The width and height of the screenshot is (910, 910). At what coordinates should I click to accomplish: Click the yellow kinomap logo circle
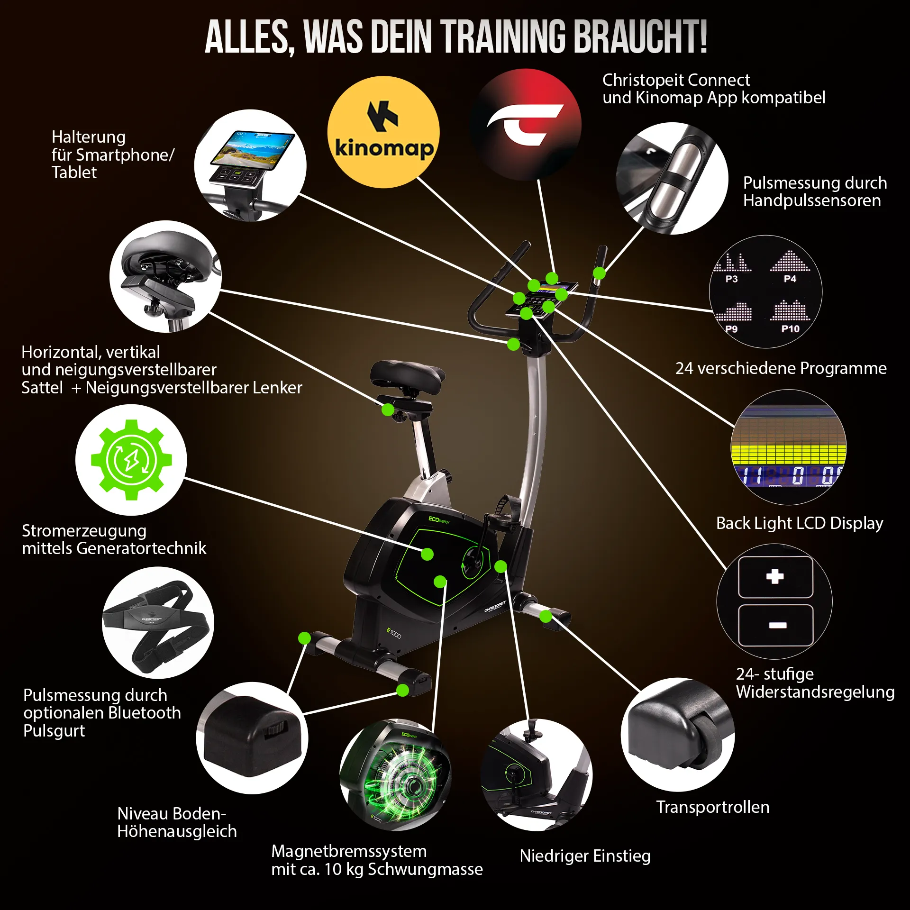pyautogui.click(x=383, y=132)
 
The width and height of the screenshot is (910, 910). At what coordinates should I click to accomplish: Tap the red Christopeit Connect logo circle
pyautogui.click(x=526, y=125)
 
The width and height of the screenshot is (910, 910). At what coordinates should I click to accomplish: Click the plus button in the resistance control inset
pyautogui.click(x=775, y=577)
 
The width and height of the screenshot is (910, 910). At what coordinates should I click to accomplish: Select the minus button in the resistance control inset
pyautogui.click(x=776, y=625)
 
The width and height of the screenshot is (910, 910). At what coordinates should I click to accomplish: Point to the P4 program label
pyautogui.click(x=790, y=279)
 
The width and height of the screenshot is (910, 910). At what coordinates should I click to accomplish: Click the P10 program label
pyautogui.click(x=790, y=328)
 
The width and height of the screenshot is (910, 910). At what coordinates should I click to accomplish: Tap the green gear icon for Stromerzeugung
pyautogui.click(x=131, y=460)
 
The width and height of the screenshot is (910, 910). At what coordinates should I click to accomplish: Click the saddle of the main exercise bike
pyautogui.click(x=407, y=377)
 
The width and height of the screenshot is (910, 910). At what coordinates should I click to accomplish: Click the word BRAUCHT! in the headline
pyautogui.click(x=640, y=36)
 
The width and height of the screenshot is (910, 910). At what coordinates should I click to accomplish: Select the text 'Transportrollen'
pyautogui.click(x=713, y=807)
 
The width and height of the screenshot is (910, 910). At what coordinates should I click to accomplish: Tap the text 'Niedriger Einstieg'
pyautogui.click(x=585, y=856)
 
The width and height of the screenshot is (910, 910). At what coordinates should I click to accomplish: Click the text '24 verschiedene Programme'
pyautogui.click(x=781, y=368)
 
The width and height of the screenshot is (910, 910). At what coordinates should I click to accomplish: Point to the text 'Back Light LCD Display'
pyautogui.click(x=800, y=523)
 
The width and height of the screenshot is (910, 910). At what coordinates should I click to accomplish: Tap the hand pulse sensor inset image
pyautogui.click(x=672, y=178)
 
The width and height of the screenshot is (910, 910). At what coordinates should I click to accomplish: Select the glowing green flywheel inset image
pyautogui.click(x=396, y=775)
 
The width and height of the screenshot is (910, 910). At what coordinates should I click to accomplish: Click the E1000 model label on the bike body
pyautogui.click(x=394, y=633)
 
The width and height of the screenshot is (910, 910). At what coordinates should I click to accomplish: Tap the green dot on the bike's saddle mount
pyautogui.click(x=388, y=409)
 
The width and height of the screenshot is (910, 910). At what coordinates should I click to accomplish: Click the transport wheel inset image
pyautogui.click(x=678, y=734)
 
